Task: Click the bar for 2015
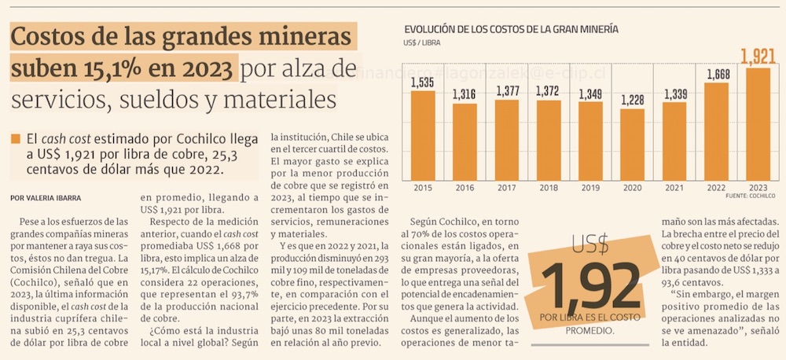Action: [x=423, y=135]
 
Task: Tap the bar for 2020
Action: [x=633, y=144]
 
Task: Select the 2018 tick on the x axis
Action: [x=548, y=189]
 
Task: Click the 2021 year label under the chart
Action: [x=674, y=189]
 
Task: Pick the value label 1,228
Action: [x=633, y=100]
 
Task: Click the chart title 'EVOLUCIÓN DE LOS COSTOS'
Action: [x=511, y=29]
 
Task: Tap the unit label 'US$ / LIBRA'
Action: [x=423, y=42]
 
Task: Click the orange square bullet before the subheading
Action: [x=16, y=139]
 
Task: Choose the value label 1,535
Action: [x=423, y=83]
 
